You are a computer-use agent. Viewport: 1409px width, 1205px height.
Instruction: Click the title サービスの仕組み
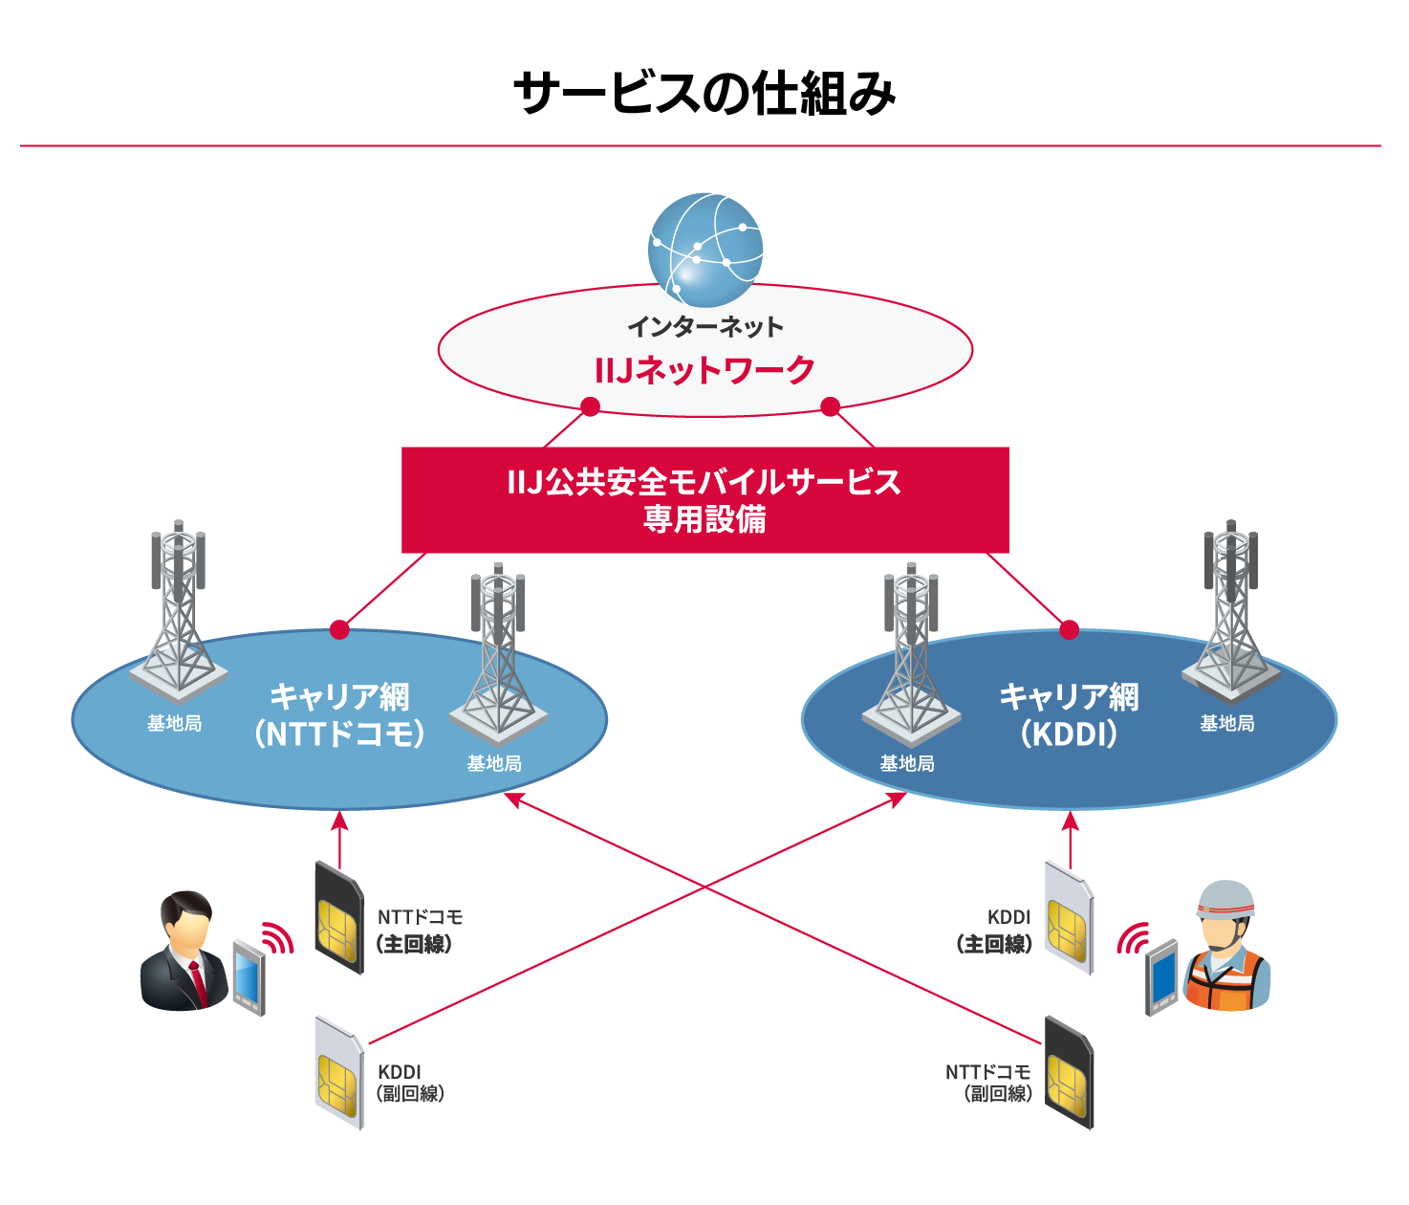point(704,94)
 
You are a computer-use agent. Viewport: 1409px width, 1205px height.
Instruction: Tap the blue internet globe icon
point(705,250)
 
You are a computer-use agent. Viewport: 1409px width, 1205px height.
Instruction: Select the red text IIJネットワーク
point(704,370)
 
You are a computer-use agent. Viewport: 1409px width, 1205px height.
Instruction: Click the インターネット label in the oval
point(704,327)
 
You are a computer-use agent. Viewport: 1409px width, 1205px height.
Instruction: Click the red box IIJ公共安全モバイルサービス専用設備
point(704,500)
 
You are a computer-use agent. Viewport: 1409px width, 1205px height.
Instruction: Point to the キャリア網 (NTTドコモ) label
point(339,715)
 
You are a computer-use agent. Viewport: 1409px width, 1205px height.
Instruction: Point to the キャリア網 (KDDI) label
point(1069,715)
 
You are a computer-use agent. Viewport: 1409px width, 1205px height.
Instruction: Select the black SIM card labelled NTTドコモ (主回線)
point(339,918)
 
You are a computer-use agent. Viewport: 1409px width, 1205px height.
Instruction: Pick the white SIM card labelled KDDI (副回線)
point(339,1073)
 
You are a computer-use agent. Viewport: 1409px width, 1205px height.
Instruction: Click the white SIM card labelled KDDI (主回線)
point(1068,918)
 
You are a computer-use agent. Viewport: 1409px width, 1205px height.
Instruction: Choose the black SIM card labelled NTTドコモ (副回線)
point(1068,1073)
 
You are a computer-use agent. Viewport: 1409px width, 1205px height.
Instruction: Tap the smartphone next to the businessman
point(249,977)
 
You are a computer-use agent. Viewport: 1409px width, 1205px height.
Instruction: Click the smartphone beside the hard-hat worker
point(1161,977)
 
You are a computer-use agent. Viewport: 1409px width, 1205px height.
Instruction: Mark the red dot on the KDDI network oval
point(1070,629)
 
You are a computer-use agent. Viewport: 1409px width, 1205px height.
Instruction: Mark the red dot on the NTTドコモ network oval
point(339,629)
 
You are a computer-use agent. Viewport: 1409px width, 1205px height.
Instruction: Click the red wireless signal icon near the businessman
point(277,939)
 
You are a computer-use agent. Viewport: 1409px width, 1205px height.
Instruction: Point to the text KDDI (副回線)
point(409,1083)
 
